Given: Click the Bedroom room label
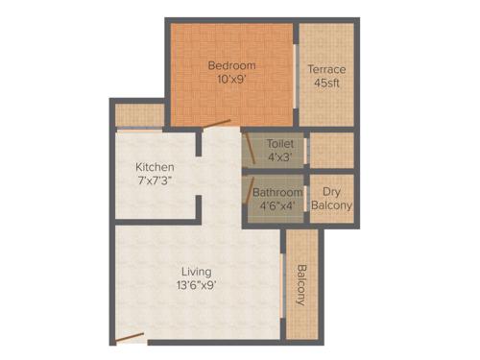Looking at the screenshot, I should pos(232,65).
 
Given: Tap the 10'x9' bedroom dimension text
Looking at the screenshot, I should pos(232,80).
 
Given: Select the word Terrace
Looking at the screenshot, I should pos(326,69).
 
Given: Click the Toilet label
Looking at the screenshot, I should pos(280,143).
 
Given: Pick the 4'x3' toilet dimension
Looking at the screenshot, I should pos(280,156).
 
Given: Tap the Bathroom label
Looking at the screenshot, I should pos(277,192).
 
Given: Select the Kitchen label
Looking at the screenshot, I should pos(155,166).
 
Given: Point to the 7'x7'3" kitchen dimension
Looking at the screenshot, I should pos(155,180).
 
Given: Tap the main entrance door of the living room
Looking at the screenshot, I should pos(129,338).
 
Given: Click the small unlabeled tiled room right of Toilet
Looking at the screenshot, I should pos(331,150).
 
